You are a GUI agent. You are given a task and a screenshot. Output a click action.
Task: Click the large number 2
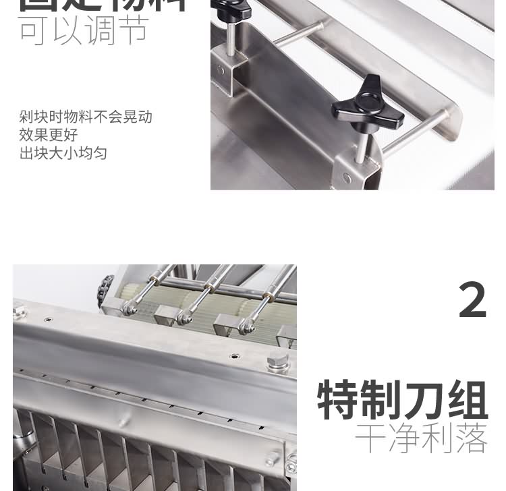pos(472,300)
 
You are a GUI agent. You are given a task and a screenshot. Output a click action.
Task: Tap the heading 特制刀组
pos(403,401)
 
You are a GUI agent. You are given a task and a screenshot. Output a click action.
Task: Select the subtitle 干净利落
pos(421,439)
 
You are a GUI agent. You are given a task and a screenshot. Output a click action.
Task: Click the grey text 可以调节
pos(84,30)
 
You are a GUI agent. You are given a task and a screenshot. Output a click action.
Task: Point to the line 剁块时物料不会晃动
pos(86,117)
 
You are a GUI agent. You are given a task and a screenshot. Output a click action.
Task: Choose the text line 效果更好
pos(49,135)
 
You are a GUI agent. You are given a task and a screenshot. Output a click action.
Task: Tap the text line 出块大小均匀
pos(63,153)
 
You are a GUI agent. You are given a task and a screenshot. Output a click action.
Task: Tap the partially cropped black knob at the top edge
pos(231,8)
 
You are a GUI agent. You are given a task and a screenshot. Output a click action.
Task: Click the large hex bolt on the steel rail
pos(277,362)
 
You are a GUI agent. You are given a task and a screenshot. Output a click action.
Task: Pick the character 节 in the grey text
pos(133,30)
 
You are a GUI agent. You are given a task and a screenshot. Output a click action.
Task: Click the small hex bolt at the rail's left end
pos(19,312)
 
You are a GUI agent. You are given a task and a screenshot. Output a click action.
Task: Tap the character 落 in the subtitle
pos(471,439)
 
